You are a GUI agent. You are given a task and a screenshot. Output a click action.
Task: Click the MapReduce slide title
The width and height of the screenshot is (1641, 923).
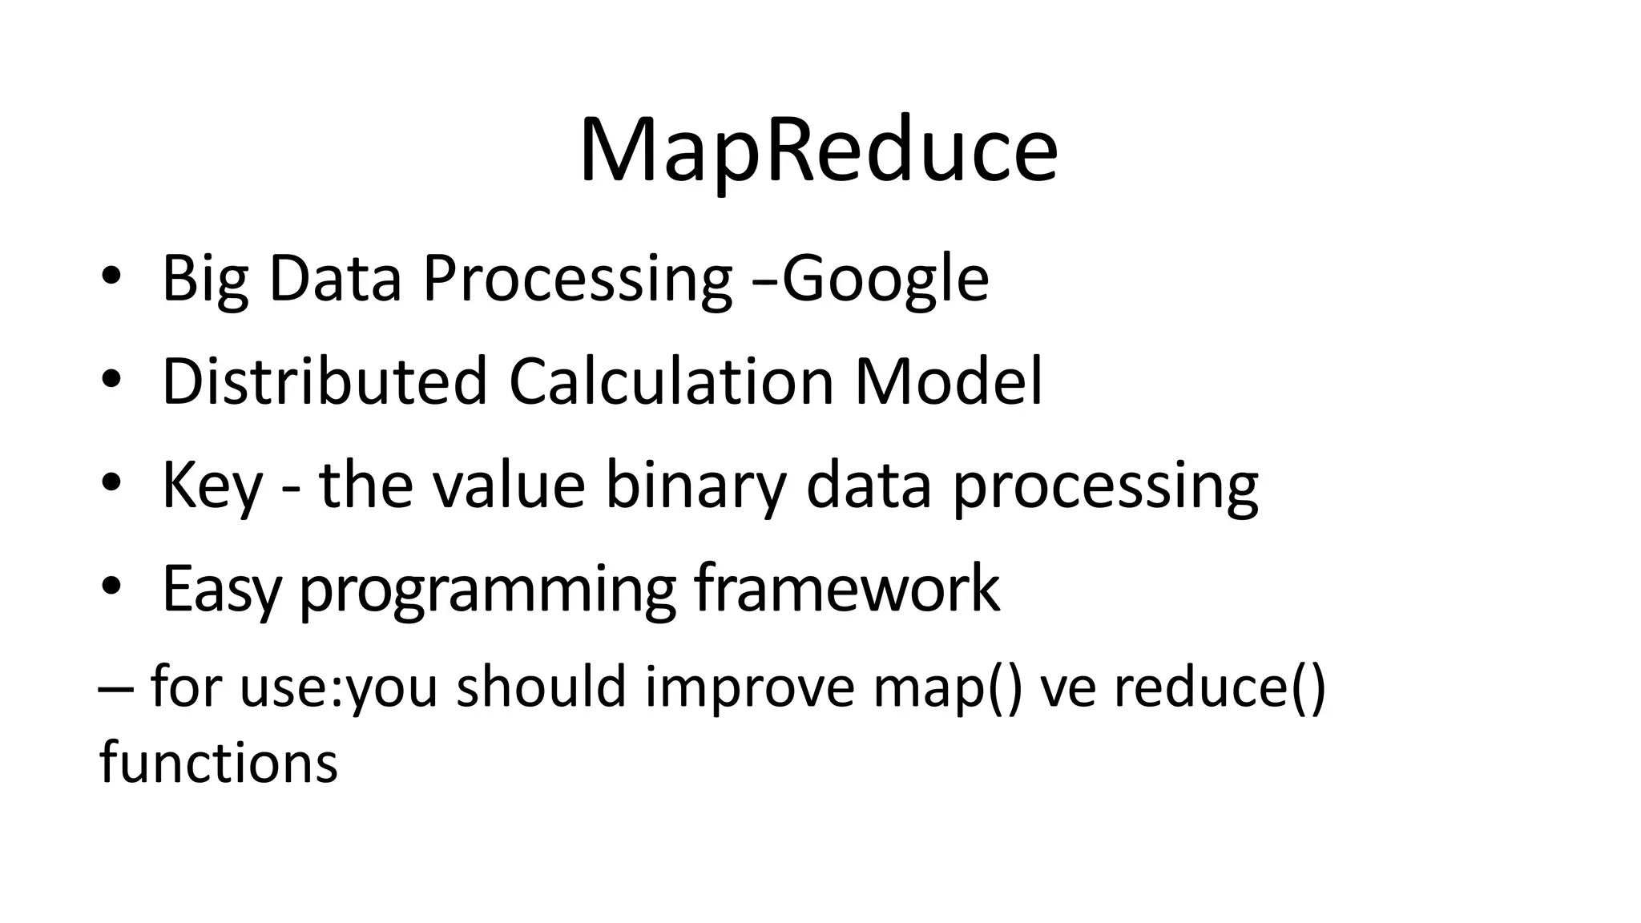tap(819, 151)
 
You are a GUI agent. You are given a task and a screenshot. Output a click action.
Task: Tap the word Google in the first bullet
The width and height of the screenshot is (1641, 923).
tap(885, 279)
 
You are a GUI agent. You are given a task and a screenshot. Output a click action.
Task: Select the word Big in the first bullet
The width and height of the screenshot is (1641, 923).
tap(204, 279)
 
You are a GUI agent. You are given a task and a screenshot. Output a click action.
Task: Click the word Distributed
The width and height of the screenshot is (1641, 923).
tap(325, 381)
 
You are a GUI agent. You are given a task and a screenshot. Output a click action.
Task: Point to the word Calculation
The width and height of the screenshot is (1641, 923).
tap(671, 381)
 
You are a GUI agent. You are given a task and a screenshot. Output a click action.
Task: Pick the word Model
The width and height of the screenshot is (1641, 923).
tap(949, 381)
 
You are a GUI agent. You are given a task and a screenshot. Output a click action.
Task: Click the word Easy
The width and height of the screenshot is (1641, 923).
tap(222, 589)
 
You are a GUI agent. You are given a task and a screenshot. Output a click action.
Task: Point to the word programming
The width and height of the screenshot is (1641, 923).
tap(487, 590)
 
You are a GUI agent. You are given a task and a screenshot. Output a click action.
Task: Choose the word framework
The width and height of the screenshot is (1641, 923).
tap(847, 589)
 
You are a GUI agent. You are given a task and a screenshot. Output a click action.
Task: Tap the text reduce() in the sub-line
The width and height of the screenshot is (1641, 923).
tap(1220, 687)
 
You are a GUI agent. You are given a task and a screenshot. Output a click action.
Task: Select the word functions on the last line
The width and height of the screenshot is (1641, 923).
tap(218, 762)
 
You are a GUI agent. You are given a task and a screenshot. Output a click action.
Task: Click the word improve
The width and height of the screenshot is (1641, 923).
tap(749, 687)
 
